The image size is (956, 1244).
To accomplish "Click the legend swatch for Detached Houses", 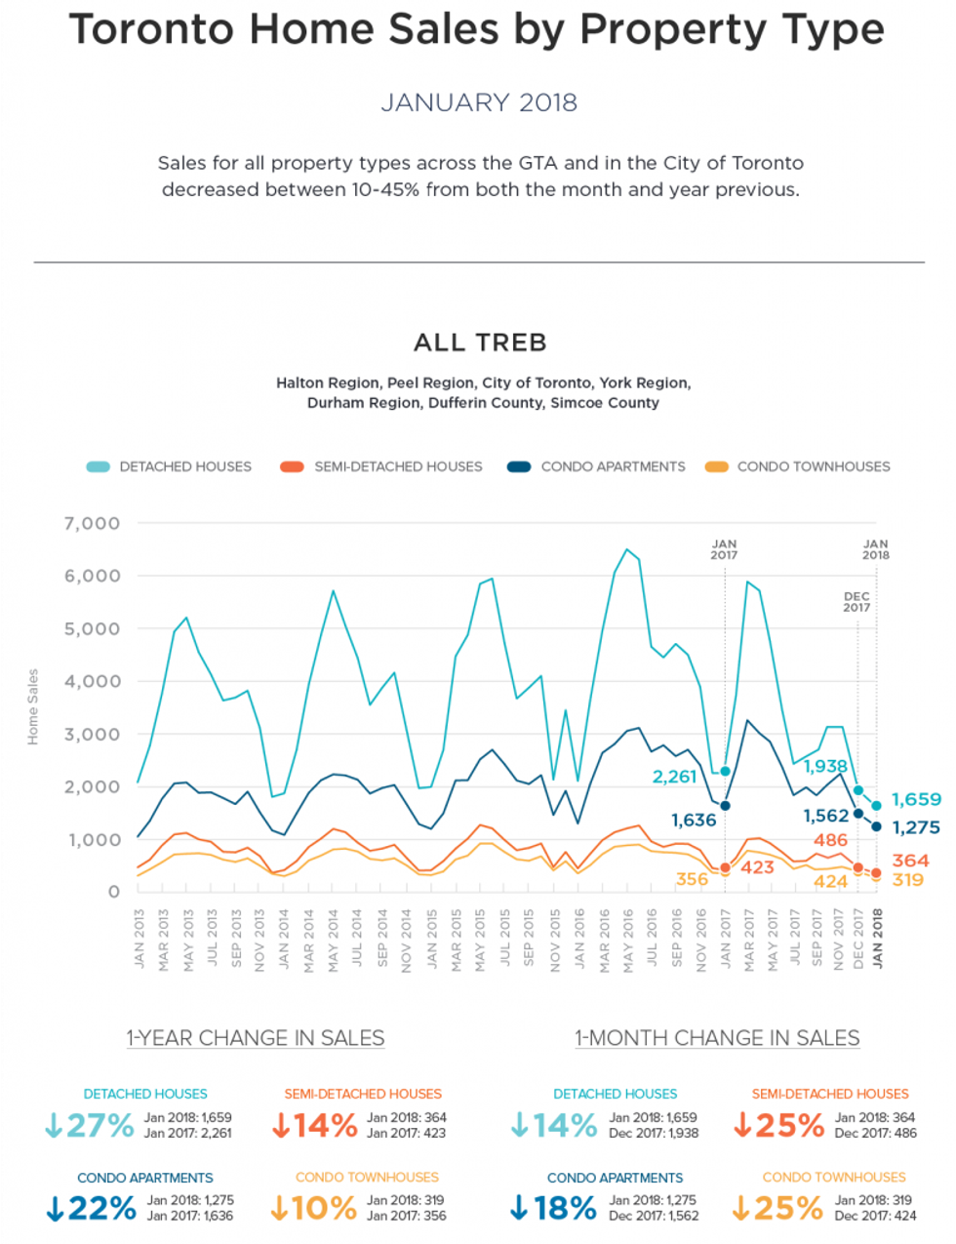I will click(99, 466).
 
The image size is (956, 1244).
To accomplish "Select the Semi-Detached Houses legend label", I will click(398, 466).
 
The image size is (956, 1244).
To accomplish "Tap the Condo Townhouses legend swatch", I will click(716, 466).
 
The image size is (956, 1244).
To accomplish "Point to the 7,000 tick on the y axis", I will click(93, 524).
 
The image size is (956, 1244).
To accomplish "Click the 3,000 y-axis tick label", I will click(93, 735).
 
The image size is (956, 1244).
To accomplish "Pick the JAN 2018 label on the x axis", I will click(877, 938).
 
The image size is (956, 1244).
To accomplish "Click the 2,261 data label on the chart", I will click(674, 777).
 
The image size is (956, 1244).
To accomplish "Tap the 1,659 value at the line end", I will click(916, 799).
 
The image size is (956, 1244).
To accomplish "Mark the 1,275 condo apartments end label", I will click(916, 827).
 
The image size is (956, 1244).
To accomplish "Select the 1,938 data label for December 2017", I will click(825, 766).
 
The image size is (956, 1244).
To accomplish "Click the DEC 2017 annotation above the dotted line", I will click(856, 601).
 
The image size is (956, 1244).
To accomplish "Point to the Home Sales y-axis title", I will click(33, 706).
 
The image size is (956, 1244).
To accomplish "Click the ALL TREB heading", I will click(480, 342).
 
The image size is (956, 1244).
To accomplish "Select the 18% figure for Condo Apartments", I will click(566, 1208).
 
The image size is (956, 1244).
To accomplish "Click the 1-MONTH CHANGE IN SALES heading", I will click(717, 1038).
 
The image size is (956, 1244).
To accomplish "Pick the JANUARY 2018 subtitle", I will click(479, 102).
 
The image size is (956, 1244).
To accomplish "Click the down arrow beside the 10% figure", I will click(280, 1208).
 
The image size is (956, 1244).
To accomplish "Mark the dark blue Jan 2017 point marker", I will click(725, 806).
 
